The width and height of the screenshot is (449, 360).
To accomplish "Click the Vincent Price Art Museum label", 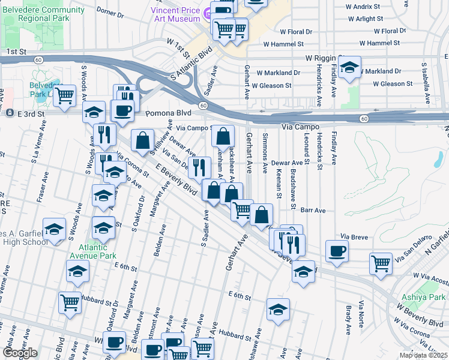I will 175,14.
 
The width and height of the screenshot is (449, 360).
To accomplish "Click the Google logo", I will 20,353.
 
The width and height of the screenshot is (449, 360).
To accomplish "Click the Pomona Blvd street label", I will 166,113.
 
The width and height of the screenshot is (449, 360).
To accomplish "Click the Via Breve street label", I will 353,236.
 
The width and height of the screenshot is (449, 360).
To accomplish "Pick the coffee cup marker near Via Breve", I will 337,251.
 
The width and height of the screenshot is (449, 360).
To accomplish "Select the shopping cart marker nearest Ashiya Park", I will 381,263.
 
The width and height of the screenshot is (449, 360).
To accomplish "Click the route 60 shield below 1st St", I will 38,60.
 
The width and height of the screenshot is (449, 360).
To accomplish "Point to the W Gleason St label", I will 271,86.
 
